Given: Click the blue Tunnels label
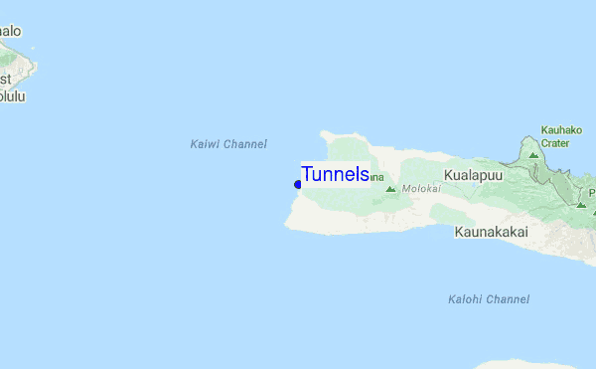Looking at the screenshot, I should point(336,174).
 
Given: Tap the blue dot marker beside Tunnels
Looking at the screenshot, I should point(297,184).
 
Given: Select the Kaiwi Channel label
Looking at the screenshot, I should point(228,144).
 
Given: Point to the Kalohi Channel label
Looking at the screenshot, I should point(489,299).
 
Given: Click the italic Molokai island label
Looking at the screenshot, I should point(421,188).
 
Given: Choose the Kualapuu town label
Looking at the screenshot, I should point(474,174).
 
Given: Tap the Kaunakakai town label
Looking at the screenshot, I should point(490,232).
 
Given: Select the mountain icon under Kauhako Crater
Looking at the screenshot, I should point(534,156).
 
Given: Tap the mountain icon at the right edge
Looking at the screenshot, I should point(581,203).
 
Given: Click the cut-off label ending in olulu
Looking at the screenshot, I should point(13,96).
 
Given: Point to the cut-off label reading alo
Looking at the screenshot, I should point(9,31).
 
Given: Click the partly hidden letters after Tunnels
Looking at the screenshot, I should point(376,178).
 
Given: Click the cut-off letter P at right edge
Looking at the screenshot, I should point(591,192).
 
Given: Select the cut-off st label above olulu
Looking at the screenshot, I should point(6,79).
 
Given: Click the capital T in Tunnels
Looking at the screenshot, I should point(308,174).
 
